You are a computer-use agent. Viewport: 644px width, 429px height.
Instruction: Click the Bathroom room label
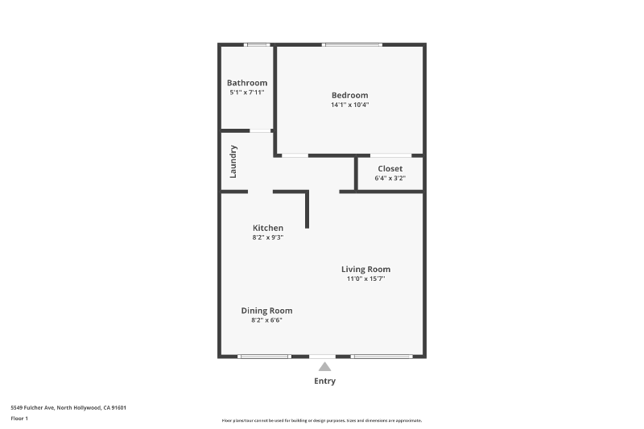pyautogui.click(x=246, y=83)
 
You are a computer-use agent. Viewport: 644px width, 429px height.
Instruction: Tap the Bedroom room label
pyautogui.click(x=349, y=95)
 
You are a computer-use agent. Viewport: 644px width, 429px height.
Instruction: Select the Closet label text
pyautogui.click(x=390, y=168)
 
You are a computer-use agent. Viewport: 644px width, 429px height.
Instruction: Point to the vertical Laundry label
pyautogui.click(x=233, y=161)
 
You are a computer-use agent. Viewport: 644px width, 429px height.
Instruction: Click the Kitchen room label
pyautogui.click(x=267, y=228)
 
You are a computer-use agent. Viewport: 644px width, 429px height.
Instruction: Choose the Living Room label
pyautogui.click(x=365, y=269)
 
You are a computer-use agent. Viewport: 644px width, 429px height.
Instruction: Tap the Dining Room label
pyautogui.click(x=266, y=311)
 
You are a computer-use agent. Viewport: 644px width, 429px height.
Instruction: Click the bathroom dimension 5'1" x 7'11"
pyautogui.click(x=246, y=93)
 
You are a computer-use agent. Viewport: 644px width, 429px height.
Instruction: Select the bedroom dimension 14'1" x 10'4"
pyautogui.click(x=349, y=105)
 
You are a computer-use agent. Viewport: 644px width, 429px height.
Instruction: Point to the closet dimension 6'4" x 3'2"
pyautogui.click(x=390, y=178)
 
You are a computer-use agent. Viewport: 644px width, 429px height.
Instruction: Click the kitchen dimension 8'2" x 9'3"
pyautogui.click(x=267, y=237)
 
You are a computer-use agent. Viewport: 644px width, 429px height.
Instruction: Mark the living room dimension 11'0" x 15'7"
pyautogui.click(x=365, y=278)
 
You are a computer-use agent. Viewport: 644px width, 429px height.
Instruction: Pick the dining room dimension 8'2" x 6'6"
pyautogui.click(x=266, y=320)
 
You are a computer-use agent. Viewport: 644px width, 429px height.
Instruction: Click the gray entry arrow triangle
pyautogui.click(x=324, y=367)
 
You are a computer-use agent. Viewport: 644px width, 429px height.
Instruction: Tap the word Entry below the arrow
pyautogui.click(x=324, y=382)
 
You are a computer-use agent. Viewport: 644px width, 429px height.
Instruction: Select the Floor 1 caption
pyautogui.click(x=19, y=419)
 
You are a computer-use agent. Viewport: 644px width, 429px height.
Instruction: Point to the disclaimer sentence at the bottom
pyautogui.click(x=322, y=420)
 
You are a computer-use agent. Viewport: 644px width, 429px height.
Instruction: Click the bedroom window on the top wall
pyautogui.click(x=352, y=44)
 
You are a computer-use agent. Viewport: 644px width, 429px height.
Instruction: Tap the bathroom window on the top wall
pyautogui.click(x=258, y=44)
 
